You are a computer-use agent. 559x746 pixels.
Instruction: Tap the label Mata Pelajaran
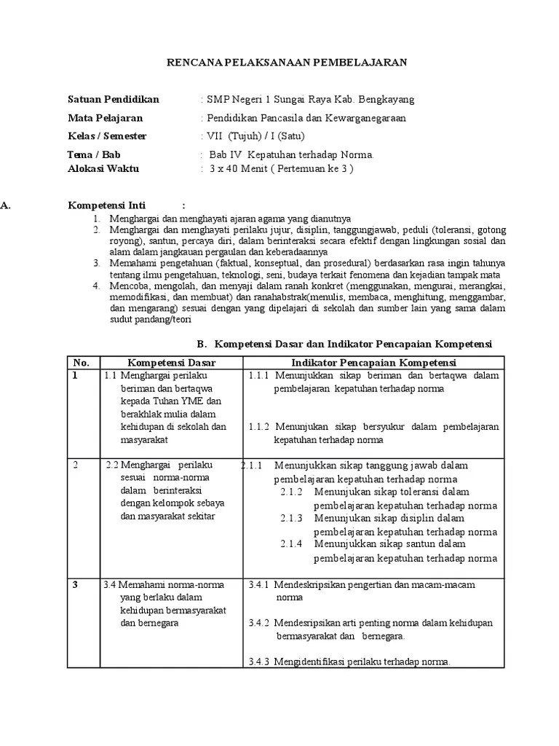click(x=105, y=118)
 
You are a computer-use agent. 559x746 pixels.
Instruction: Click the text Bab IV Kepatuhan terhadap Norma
click(x=291, y=155)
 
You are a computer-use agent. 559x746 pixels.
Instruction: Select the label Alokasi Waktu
click(x=103, y=168)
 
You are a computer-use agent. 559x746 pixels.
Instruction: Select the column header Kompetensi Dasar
click(x=172, y=363)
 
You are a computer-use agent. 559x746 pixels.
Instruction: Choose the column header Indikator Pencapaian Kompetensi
click(x=373, y=363)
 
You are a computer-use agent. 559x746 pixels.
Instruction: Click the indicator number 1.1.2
click(x=258, y=427)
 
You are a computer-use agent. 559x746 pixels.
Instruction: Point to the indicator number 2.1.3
click(x=291, y=518)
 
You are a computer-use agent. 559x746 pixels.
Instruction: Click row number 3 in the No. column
click(x=76, y=584)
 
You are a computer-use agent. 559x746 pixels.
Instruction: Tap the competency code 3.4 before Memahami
click(x=110, y=584)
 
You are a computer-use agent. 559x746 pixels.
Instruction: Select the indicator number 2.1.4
click(x=291, y=544)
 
